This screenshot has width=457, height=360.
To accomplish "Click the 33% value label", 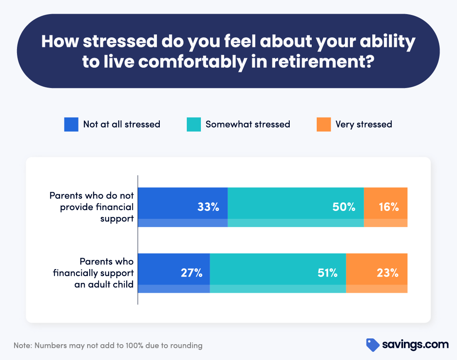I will [x=208, y=207].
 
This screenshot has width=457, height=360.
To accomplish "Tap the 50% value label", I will [x=344, y=207].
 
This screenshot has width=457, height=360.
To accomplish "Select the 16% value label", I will [x=389, y=207].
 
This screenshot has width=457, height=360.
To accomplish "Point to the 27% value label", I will [x=191, y=273].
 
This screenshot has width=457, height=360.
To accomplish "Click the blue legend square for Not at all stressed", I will [x=71, y=124].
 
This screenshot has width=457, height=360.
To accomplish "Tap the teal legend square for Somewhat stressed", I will [x=193, y=124].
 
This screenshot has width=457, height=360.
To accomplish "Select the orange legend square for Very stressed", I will [x=323, y=124].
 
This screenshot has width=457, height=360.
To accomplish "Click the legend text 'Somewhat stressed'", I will [x=247, y=124].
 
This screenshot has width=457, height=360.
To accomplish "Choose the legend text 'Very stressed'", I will [x=364, y=124].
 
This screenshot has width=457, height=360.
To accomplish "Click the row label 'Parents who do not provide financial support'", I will [x=92, y=207].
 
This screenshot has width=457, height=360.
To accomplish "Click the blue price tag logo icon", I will [x=372, y=345].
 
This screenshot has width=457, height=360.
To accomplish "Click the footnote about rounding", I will [x=108, y=345].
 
